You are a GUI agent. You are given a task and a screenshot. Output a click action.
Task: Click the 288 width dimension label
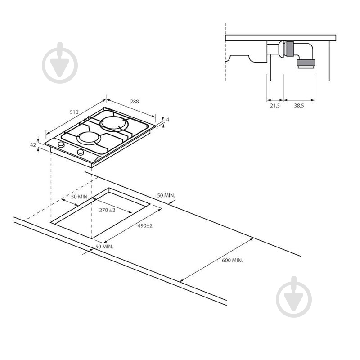point(135,102)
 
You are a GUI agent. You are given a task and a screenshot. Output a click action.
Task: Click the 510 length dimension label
point(74,112)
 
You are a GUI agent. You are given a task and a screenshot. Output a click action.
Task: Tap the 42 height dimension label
point(33,145)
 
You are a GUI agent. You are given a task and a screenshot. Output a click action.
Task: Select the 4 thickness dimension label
point(168,120)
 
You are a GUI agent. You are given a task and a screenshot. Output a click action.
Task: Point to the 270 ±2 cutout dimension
point(107,210)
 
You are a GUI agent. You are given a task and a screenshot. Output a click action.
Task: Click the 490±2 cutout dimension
point(145,226)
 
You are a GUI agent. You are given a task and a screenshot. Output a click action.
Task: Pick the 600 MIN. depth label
point(232,261)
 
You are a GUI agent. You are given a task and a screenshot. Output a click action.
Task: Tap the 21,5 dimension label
point(275,106)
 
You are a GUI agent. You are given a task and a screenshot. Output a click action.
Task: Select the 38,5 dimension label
point(299,106)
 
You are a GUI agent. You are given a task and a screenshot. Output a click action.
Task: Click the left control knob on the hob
point(61,144)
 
